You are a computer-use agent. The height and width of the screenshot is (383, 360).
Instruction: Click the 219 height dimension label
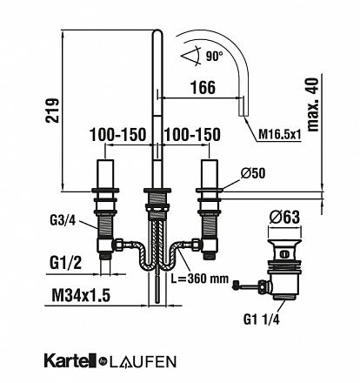[52, 111]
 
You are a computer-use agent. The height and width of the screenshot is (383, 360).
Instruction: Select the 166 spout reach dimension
[203, 87]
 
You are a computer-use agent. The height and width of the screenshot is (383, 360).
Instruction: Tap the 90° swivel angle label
[215, 56]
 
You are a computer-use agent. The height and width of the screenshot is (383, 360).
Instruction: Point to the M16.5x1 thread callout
[280, 134]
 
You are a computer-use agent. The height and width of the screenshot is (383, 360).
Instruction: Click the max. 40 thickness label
[312, 104]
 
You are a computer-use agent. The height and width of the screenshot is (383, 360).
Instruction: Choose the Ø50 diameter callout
[253, 173]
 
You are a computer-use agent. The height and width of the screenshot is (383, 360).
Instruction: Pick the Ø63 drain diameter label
[284, 218]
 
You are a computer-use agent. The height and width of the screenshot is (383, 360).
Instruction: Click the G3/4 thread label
[63, 221]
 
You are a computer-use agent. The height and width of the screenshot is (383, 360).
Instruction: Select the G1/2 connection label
[65, 263]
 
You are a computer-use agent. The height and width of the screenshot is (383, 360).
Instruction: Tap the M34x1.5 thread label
[81, 296]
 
